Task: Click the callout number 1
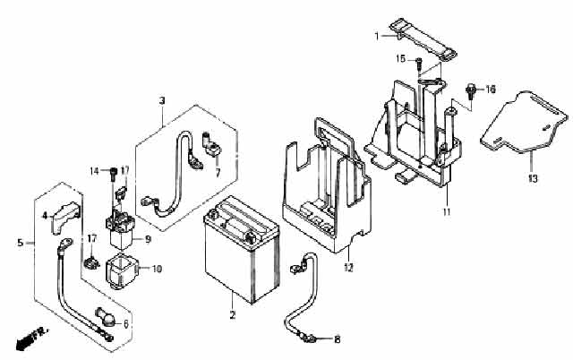pyautogui.click(x=377, y=36)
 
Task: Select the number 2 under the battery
pyautogui.click(x=233, y=314)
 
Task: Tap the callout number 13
pyautogui.click(x=533, y=178)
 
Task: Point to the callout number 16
pyautogui.click(x=491, y=89)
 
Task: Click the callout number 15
pyautogui.click(x=401, y=58)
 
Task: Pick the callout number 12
pyautogui.click(x=348, y=268)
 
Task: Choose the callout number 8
pyautogui.click(x=337, y=339)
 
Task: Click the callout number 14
pyautogui.click(x=95, y=171)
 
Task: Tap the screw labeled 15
pyautogui.click(x=419, y=64)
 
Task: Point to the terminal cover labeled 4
pyautogui.click(x=64, y=218)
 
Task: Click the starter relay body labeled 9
pyautogui.click(x=121, y=230)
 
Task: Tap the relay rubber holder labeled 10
pyautogui.click(x=121, y=271)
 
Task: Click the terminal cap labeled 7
pyautogui.click(x=211, y=145)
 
